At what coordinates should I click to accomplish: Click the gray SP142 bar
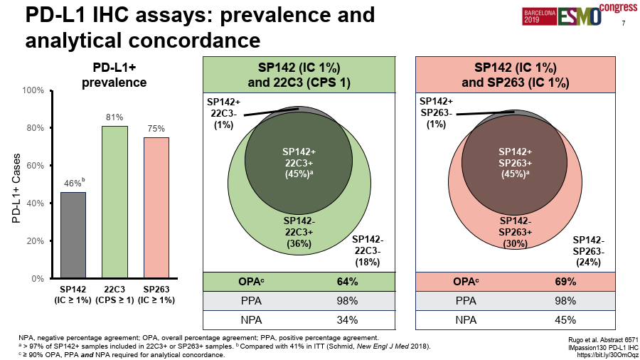[x=73, y=235]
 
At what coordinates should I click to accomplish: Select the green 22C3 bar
[x=114, y=202]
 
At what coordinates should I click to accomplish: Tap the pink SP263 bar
[x=156, y=208]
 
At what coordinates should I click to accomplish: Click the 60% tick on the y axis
[x=33, y=166]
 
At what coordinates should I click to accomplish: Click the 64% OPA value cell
[x=347, y=281]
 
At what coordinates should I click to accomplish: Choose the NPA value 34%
[x=347, y=319]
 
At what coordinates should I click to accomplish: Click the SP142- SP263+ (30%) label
[x=518, y=231]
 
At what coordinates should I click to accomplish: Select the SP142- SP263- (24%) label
[x=590, y=251]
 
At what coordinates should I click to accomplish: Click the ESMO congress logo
[x=580, y=15]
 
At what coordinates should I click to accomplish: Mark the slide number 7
[x=624, y=23]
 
